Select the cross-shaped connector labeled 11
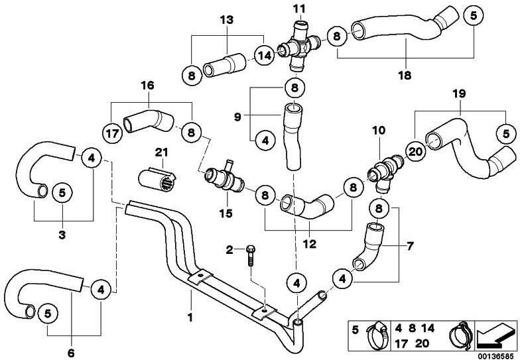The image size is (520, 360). pyautogui.click(x=299, y=44)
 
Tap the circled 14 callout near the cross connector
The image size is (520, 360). pyautogui.click(x=265, y=56)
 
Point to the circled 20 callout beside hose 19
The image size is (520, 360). pyautogui.click(x=415, y=152)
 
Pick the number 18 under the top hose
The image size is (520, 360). pyautogui.click(x=405, y=75)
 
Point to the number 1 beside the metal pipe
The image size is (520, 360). pyautogui.click(x=190, y=318)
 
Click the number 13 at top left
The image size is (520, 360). pyautogui.click(x=226, y=20)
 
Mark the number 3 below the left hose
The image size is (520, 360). pyautogui.click(x=62, y=235)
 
